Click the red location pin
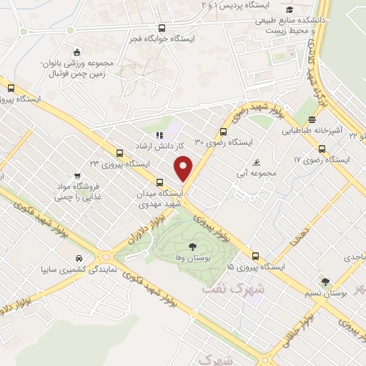point(184,167)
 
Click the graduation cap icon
point(290,9)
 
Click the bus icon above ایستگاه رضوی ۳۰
point(224,132)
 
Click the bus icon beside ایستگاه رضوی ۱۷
point(322,149)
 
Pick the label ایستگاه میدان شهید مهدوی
point(161,197)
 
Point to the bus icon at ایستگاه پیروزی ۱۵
point(255,255)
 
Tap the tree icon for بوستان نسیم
point(325,282)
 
